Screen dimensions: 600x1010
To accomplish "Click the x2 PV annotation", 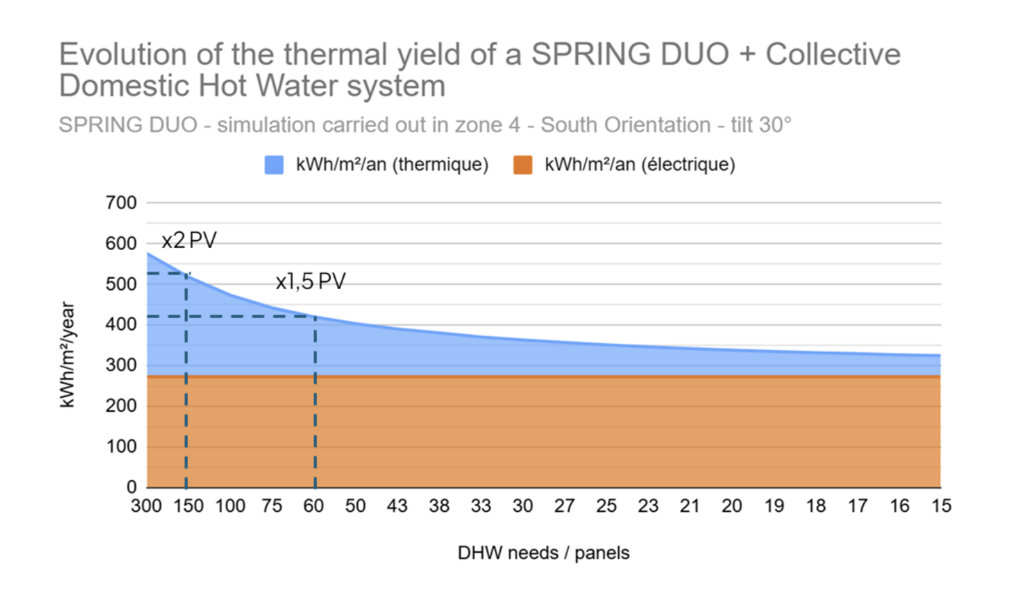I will click(189, 240).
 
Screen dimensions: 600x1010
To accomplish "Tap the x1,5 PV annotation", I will click(311, 281).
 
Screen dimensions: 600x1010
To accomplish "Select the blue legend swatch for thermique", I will click(274, 165).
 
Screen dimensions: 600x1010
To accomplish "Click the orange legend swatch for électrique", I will click(522, 165).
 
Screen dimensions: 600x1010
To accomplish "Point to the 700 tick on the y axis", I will click(122, 203).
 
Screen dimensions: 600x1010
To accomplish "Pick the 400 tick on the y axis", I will click(122, 324).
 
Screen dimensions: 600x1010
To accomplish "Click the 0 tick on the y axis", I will click(131, 487).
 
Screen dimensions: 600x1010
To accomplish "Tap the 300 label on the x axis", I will click(146, 506).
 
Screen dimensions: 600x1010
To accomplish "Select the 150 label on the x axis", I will click(188, 506).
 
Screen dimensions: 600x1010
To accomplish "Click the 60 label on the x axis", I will click(313, 506).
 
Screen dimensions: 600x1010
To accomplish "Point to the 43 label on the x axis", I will click(397, 506).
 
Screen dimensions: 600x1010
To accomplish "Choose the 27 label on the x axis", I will click(564, 506).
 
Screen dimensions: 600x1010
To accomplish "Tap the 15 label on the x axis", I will click(941, 506).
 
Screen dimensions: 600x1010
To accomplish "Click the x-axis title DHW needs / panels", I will click(543, 553).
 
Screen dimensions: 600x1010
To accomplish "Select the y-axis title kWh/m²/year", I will click(67, 354).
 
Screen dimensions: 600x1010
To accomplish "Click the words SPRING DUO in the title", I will click(629, 54).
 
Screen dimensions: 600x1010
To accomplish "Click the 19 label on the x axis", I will click(774, 506).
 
